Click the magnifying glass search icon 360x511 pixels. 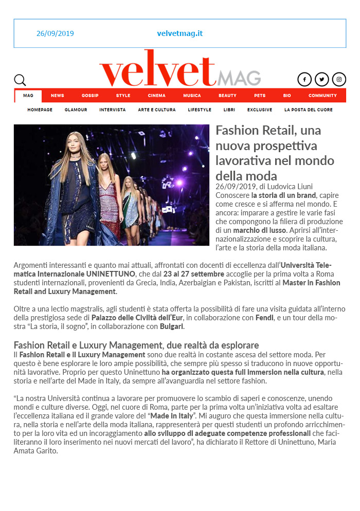(x=20, y=80)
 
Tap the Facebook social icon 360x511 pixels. (x=304, y=79)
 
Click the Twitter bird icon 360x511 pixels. (x=321, y=79)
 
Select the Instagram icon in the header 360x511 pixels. (x=339, y=79)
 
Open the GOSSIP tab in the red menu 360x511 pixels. (x=90, y=96)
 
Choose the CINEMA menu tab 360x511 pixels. (x=156, y=96)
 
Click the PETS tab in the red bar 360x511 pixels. (x=259, y=96)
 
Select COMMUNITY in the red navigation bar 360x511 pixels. (x=322, y=96)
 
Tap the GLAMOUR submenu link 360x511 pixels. (x=76, y=110)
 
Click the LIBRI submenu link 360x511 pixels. (x=229, y=110)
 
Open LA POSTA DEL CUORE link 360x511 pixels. (x=308, y=110)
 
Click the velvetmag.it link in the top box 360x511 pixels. (x=180, y=33)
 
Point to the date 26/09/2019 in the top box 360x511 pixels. (x=55, y=33)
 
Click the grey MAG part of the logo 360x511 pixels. (x=239, y=78)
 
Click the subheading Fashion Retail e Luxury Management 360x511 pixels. (x=136, y=345)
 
